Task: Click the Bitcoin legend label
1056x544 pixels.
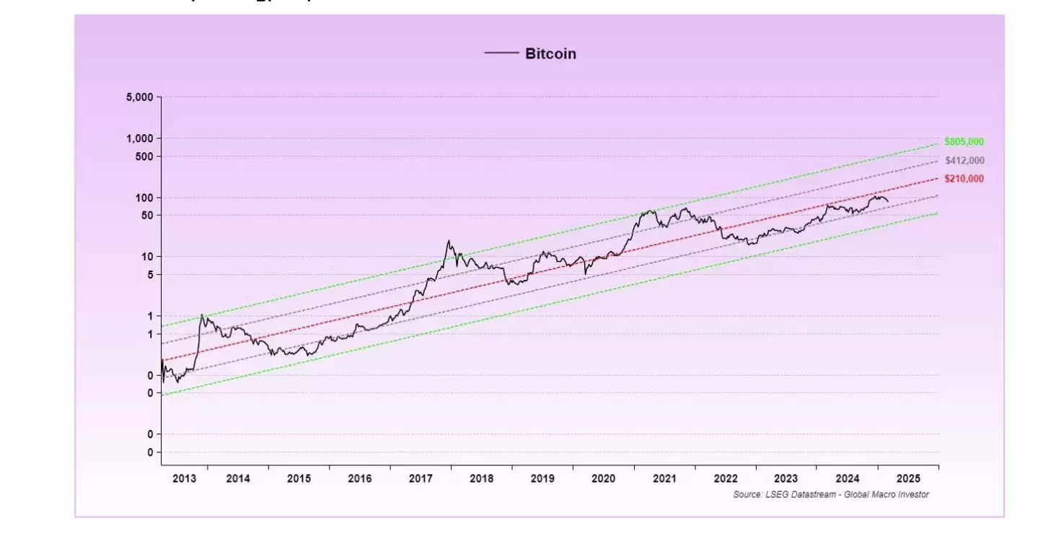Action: [x=550, y=53]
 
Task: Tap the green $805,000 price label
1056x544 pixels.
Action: [x=964, y=142]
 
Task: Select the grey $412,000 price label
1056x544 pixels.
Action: [x=964, y=160]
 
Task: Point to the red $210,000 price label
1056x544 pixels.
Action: [x=964, y=179]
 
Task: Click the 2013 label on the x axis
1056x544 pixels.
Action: [x=185, y=478]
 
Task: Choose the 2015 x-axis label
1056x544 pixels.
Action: [x=299, y=478]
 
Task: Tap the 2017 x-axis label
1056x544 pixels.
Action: [x=421, y=478]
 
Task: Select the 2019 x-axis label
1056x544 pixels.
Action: [x=542, y=478]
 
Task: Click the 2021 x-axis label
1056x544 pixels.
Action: [x=664, y=478]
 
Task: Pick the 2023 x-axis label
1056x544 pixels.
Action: [x=786, y=478]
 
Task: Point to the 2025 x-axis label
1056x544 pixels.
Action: [x=908, y=478]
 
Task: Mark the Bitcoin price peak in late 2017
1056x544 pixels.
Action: [x=449, y=241]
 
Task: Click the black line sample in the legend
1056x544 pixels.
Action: [x=501, y=53]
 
